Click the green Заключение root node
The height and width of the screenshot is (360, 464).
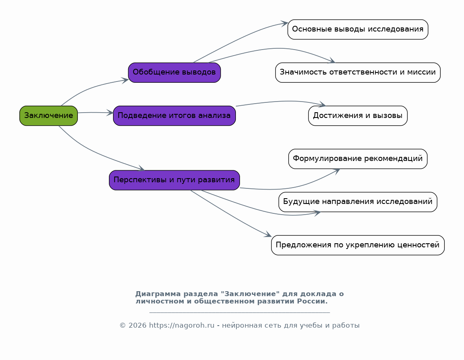click(x=48, y=115)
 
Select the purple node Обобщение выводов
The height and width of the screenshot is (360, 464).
click(x=174, y=72)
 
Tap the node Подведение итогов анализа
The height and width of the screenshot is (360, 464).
click(x=174, y=115)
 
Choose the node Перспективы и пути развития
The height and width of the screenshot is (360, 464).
click(x=174, y=180)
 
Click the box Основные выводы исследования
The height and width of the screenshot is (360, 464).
click(x=358, y=29)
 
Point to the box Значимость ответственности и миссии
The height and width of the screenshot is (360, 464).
click(x=358, y=72)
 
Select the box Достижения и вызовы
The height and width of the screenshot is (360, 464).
click(x=358, y=115)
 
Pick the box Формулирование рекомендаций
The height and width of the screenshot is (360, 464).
click(x=358, y=159)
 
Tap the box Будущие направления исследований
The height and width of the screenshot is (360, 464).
click(x=358, y=202)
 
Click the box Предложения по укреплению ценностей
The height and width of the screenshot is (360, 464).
click(x=358, y=245)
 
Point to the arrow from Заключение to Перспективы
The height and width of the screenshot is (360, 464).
click(x=94, y=152)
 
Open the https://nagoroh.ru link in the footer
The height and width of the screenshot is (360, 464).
click(x=181, y=326)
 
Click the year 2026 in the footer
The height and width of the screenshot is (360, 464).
click(x=137, y=326)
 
